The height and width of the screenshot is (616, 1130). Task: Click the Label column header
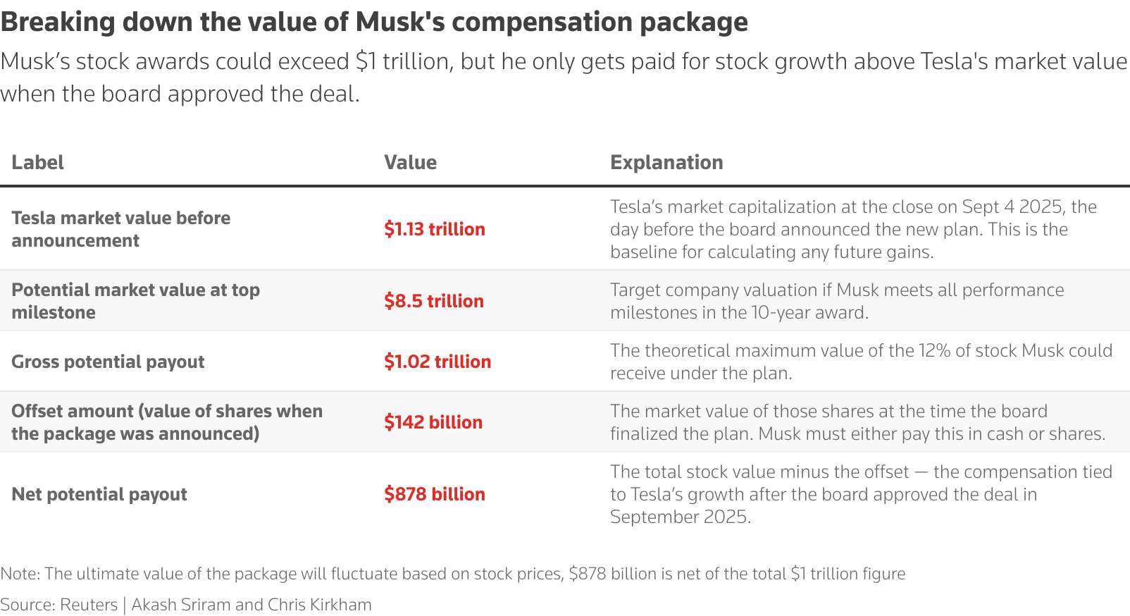point(37,163)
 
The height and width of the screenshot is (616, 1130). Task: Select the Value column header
point(410,163)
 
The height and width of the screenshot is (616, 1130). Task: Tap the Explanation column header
point(666,163)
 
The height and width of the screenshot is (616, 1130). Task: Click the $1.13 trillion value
point(434,229)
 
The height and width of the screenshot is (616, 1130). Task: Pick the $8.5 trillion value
point(433,301)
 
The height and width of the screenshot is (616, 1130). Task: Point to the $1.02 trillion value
point(437,362)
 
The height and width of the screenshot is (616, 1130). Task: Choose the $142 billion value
point(433,422)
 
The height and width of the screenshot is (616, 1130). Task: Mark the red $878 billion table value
point(434,494)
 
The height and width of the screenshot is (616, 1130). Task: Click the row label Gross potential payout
point(108,362)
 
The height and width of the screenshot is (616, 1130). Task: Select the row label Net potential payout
point(99,494)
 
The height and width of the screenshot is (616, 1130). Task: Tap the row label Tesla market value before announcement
point(120,229)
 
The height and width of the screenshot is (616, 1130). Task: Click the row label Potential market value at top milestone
point(135,301)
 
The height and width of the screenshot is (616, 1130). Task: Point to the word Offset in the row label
point(36,411)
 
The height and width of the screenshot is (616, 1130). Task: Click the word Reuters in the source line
point(89,605)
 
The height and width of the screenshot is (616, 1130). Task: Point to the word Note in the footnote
point(19,574)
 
